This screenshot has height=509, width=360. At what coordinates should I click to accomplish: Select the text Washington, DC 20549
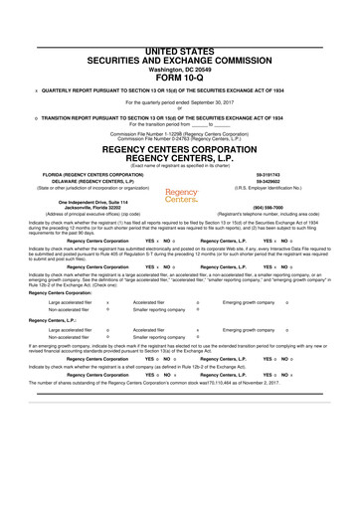coord(180,39)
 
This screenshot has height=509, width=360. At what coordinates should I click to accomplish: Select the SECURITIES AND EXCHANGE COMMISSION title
coord(180,30)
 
